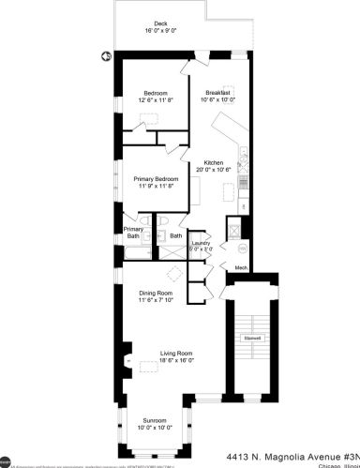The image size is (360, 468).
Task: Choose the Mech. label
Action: click(x=240, y=267)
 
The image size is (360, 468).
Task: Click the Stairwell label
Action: click(x=251, y=338)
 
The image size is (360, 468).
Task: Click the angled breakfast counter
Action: click(x=228, y=125)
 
